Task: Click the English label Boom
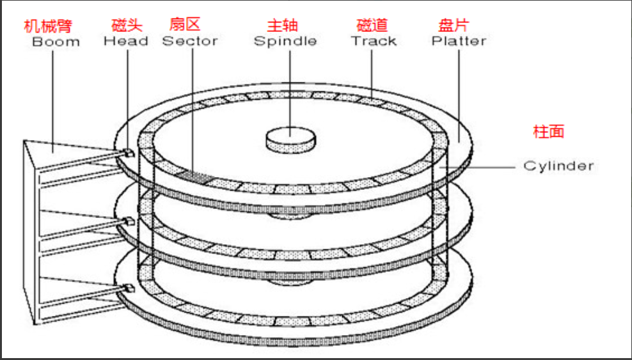56,42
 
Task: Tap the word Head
126,42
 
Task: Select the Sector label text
189,42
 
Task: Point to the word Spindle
285,42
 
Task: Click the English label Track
374,42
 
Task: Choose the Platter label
459,42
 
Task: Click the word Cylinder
558,166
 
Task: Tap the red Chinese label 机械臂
48,26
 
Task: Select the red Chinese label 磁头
127,26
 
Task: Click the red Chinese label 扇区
185,25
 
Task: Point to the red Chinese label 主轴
283,26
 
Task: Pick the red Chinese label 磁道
372,26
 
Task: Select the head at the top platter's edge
127,153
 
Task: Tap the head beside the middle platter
127,221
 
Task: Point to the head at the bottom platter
127,288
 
